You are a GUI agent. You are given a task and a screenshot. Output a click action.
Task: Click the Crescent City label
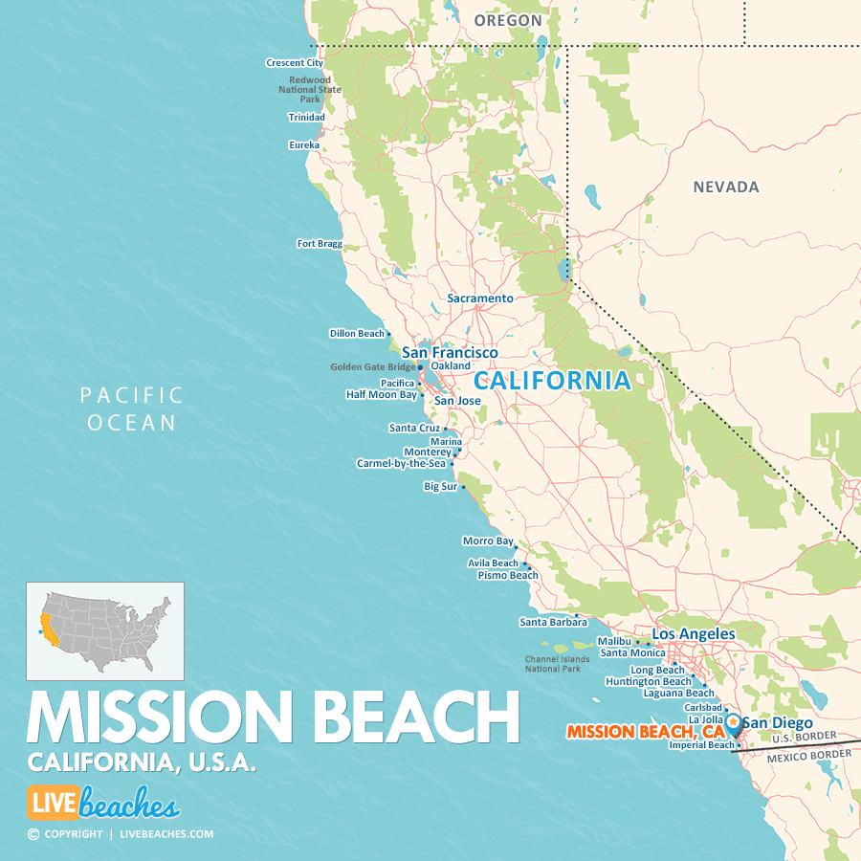(295, 63)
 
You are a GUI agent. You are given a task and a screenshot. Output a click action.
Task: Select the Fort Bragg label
(320, 244)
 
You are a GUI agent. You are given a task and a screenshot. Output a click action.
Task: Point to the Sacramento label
(480, 298)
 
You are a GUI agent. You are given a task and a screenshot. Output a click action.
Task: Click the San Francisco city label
(450, 353)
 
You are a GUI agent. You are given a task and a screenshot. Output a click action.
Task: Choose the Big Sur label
(441, 487)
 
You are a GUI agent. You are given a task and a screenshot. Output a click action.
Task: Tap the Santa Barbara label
(553, 622)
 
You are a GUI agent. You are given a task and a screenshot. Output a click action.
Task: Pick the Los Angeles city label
(694, 634)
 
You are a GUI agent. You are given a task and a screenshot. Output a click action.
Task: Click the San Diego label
(778, 723)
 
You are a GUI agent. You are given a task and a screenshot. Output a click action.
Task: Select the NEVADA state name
(726, 188)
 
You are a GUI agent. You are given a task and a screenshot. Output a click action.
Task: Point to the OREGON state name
(508, 20)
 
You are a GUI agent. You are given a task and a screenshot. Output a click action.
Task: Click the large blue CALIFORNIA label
(553, 381)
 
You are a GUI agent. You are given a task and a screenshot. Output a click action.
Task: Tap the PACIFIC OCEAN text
(131, 408)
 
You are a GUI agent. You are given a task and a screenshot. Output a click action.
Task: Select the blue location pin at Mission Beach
(733, 725)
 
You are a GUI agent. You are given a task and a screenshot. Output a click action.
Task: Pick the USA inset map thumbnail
(105, 631)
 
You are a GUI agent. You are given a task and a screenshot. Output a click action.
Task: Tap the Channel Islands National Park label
(552, 664)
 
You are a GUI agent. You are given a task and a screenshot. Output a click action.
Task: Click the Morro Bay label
(488, 541)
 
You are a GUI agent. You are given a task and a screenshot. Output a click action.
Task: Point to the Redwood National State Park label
(310, 90)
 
